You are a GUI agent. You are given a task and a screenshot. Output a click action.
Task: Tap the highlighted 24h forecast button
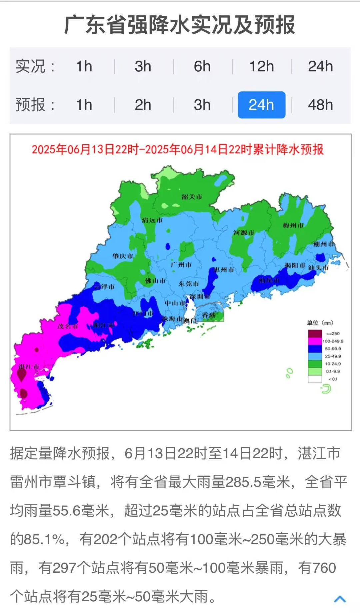[x=261, y=105]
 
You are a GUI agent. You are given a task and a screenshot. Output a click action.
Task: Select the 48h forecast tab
[x=320, y=105]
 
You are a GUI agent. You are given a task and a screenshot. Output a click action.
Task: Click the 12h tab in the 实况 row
[x=261, y=66]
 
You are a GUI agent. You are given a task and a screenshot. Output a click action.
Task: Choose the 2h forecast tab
[x=143, y=105]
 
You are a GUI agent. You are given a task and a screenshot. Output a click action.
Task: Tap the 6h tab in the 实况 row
[x=202, y=66]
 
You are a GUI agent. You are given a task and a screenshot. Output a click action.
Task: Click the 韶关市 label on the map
[x=192, y=197]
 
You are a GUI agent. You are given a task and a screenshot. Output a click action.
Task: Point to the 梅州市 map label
[x=293, y=225]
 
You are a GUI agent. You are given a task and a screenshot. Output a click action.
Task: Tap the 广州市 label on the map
[x=181, y=265]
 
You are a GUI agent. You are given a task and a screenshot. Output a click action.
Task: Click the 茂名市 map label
[x=67, y=326]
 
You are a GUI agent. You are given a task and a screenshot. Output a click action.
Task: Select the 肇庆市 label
[x=123, y=256]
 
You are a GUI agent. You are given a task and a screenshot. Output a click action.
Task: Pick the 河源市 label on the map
[x=244, y=232]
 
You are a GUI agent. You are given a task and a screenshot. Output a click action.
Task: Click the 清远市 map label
[x=152, y=220]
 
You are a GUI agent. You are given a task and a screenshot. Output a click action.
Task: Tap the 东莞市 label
[x=189, y=284]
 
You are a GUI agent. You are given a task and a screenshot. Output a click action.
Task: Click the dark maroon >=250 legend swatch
[x=315, y=333]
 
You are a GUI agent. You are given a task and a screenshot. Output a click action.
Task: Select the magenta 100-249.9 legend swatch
[x=315, y=341]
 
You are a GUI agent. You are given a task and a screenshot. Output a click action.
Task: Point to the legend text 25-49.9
[x=333, y=356]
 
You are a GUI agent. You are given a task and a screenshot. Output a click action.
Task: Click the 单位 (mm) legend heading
[x=320, y=323]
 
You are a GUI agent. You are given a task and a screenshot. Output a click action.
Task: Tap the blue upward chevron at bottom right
[x=340, y=599]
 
